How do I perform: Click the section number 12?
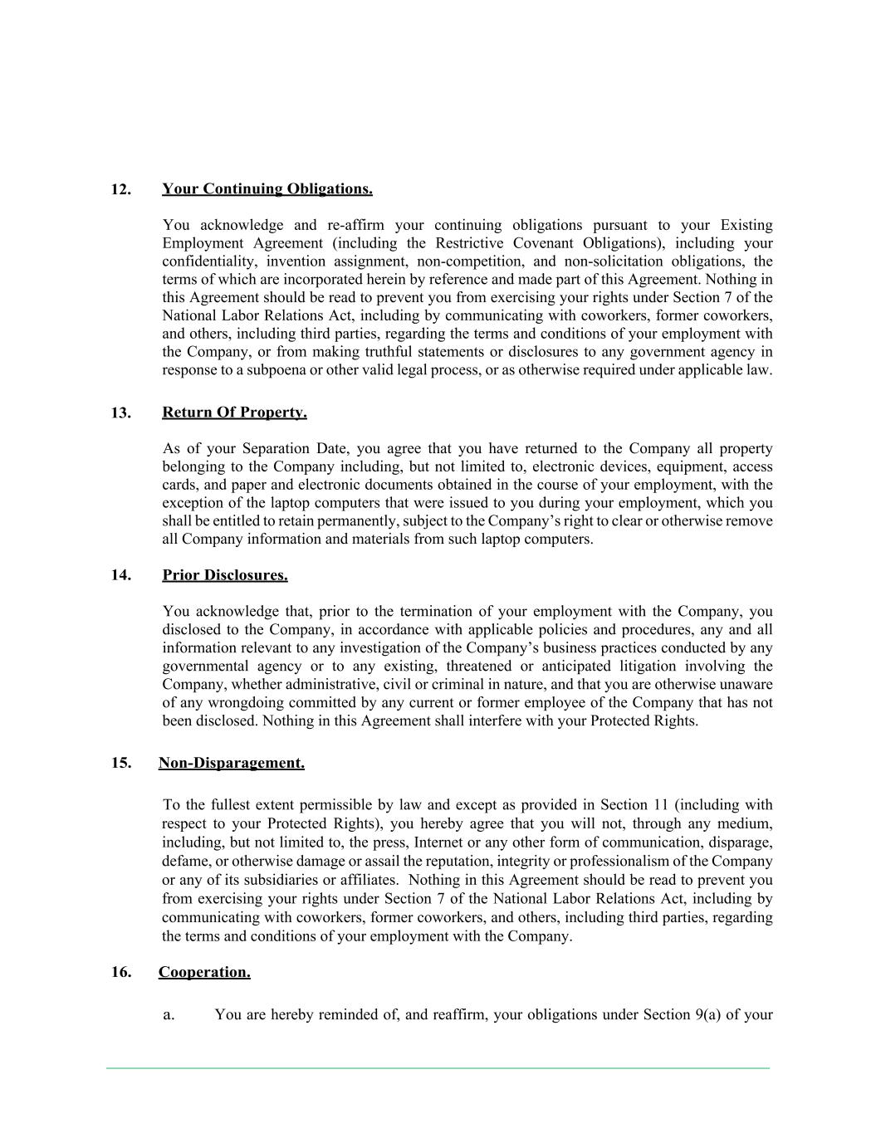(x=121, y=189)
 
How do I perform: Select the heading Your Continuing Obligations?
(x=267, y=188)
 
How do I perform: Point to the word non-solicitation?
(x=614, y=261)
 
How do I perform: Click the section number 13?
(x=121, y=413)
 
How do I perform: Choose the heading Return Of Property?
(x=234, y=413)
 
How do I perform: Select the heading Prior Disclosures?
(x=225, y=575)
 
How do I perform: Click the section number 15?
(x=121, y=763)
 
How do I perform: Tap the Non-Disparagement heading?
(x=232, y=763)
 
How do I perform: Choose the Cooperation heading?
(x=204, y=972)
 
